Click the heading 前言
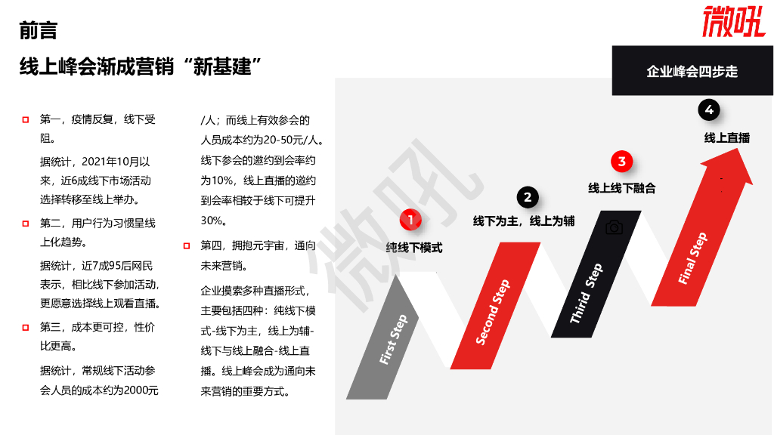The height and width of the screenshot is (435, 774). click(38, 31)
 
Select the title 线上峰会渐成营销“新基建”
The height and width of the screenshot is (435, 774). click(141, 66)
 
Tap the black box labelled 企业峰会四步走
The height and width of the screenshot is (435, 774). click(692, 71)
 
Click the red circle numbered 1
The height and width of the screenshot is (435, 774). click(410, 220)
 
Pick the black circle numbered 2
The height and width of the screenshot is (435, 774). click(528, 197)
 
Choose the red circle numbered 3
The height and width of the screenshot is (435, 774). click(621, 161)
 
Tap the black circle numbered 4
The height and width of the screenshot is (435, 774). click(709, 110)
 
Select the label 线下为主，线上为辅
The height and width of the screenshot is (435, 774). click(523, 221)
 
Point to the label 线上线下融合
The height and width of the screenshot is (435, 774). click(621, 187)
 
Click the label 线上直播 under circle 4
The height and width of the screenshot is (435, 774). click(726, 137)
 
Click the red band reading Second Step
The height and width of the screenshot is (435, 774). click(493, 311)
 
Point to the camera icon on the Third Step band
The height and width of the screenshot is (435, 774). click(614, 227)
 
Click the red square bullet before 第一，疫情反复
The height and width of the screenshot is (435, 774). click(26, 119)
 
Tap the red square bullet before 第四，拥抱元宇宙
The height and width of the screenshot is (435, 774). click(186, 245)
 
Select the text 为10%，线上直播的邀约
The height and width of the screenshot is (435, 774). click(258, 180)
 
